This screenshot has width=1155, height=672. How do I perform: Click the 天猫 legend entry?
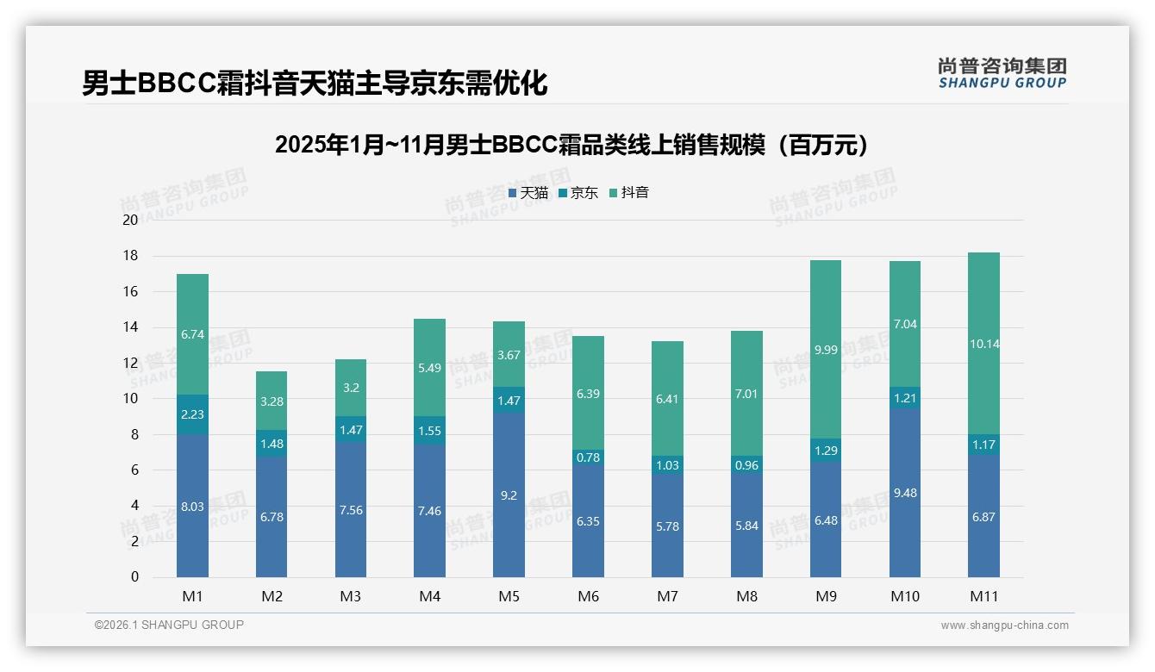click(528, 193)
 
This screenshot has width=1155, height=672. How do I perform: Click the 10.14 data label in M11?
click(983, 344)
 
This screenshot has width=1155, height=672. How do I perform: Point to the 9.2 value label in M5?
click(509, 496)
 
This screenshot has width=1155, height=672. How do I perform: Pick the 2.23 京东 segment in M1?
click(192, 414)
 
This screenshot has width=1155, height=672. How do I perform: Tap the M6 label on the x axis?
click(588, 596)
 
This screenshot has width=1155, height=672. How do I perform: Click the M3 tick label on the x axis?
click(351, 596)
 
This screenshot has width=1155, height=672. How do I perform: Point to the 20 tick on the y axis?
click(130, 220)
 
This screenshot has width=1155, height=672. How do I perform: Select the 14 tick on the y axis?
click(130, 327)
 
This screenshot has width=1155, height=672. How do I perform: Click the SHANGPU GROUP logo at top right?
click(1002, 72)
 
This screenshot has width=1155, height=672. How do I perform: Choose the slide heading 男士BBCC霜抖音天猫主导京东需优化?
click(315, 84)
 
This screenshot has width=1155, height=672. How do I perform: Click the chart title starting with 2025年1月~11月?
click(576, 145)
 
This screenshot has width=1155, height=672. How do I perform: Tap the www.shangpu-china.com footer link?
click(1004, 625)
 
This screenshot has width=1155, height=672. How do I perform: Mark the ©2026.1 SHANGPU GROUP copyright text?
click(169, 625)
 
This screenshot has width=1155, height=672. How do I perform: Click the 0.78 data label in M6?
click(588, 457)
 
